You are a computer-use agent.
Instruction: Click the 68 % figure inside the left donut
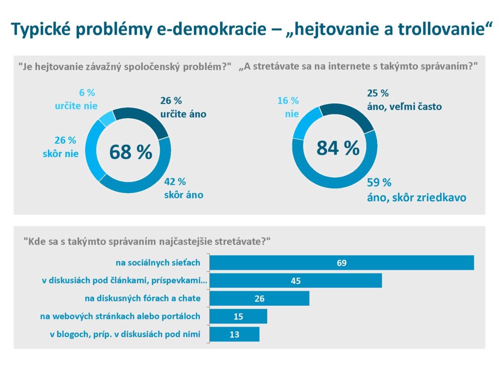(x=130, y=152)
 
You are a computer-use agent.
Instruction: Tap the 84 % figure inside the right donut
(x=338, y=148)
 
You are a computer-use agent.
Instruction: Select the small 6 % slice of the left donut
(x=108, y=117)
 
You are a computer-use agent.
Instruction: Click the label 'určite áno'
(x=183, y=114)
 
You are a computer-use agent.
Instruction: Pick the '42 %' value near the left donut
(x=175, y=182)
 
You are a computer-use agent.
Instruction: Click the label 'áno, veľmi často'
(x=404, y=106)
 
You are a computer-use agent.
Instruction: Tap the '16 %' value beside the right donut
(x=288, y=101)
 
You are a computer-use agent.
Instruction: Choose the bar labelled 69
(x=341, y=263)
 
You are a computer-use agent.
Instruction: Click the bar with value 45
(x=295, y=280)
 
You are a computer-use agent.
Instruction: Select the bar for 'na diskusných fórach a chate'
(x=259, y=299)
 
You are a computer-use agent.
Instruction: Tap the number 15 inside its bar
(x=238, y=317)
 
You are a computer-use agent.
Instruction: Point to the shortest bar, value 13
(x=234, y=334)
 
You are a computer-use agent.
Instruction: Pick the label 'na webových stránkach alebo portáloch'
(x=120, y=317)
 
